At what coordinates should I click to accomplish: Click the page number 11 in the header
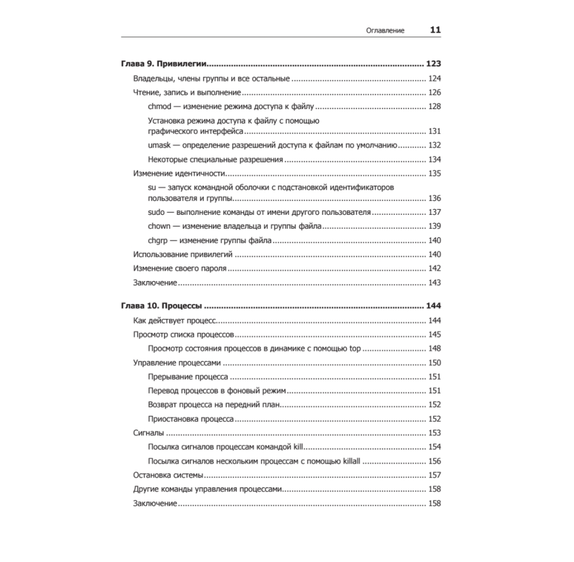pyautogui.click(x=435, y=30)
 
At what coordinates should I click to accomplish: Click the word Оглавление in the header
pyautogui.click(x=385, y=30)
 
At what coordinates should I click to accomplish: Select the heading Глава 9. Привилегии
pyautogui.click(x=164, y=64)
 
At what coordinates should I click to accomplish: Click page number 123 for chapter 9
pyautogui.click(x=433, y=64)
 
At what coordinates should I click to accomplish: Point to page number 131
pyautogui.click(x=435, y=130)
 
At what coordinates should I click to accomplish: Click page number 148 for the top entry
pyautogui.click(x=435, y=348)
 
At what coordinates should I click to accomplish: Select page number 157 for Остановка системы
pyautogui.click(x=435, y=475)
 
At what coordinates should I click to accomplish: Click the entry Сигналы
pyautogui.click(x=149, y=433)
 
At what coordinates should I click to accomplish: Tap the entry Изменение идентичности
pyautogui.click(x=177, y=173)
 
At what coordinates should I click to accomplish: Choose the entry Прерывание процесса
pyautogui.click(x=188, y=377)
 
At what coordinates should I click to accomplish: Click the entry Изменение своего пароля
pyautogui.click(x=180, y=268)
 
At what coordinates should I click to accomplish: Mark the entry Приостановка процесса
pyautogui.click(x=190, y=419)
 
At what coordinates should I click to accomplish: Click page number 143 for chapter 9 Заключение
pyautogui.click(x=435, y=282)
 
